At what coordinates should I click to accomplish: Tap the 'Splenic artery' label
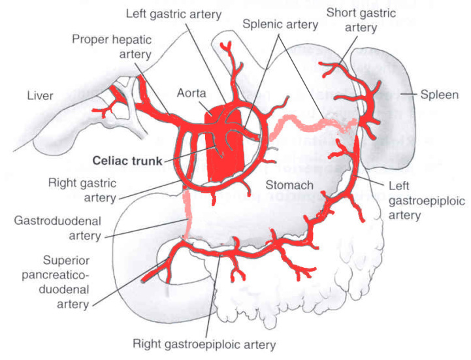click(x=280, y=25)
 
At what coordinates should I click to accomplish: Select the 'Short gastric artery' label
click(x=352, y=20)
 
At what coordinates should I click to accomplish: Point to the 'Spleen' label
click(x=441, y=95)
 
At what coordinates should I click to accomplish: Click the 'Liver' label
click(x=40, y=96)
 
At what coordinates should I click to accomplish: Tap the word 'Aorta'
click(x=191, y=93)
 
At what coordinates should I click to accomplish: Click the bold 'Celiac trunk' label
click(x=124, y=159)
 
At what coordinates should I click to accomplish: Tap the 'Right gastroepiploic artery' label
click(x=204, y=344)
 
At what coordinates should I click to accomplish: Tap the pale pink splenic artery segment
click(x=307, y=121)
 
